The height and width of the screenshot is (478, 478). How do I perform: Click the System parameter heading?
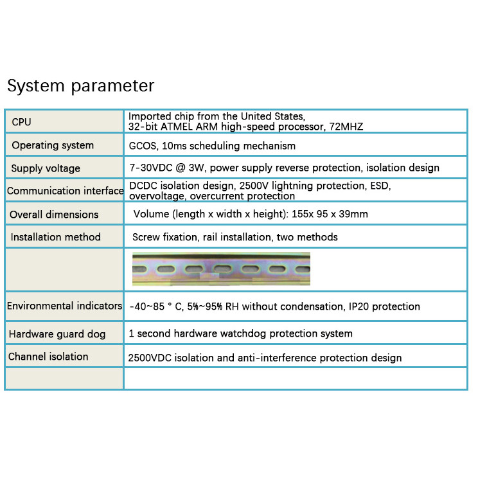[80, 86]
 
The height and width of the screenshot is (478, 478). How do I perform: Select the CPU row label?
[21, 122]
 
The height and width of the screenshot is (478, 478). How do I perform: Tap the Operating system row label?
[53, 145]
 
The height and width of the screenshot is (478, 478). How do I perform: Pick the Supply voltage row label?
[46, 168]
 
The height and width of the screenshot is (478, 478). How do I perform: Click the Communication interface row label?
[65, 191]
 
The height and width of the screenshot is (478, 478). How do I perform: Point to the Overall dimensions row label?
[54, 215]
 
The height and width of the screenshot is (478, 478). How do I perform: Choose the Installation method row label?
[56, 237]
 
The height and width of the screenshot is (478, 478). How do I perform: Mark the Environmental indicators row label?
[64, 306]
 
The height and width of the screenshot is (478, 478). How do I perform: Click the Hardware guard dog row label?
[57, 334]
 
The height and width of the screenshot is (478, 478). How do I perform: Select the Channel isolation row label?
[48, 357]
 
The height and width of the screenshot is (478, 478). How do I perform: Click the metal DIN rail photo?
[221, 269]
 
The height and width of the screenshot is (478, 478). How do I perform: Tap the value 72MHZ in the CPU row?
[345, 127]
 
